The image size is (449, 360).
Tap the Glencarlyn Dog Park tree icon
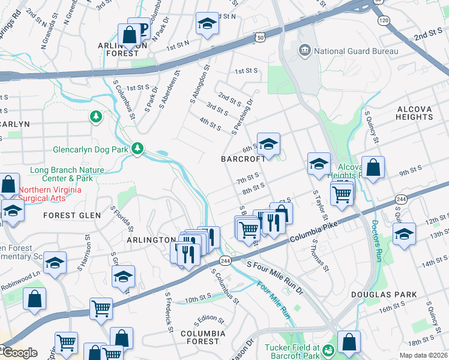137,148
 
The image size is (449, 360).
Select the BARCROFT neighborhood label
243,159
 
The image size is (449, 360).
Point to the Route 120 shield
382,20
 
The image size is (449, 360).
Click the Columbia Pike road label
313,231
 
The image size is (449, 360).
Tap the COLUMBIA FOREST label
203,337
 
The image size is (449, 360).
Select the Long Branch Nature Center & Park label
67,174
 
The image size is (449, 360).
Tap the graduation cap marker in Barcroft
269,144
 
